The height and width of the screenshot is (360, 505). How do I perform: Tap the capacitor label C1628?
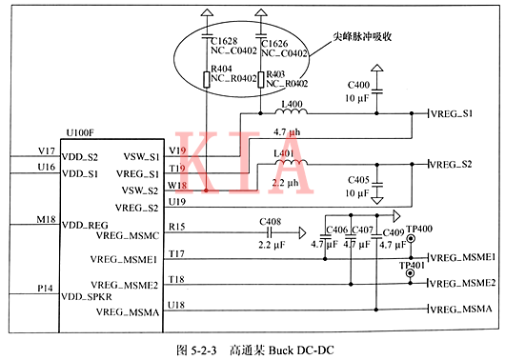224,43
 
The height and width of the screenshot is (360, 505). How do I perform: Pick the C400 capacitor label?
358,87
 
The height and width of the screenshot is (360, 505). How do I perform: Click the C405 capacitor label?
358,178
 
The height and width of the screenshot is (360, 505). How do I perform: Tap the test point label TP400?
418,230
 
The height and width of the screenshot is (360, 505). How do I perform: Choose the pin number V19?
176,150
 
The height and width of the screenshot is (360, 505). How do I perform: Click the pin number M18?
45,219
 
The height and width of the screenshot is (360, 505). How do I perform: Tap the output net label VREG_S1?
453,114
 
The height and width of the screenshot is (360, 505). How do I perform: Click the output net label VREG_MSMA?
461,310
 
